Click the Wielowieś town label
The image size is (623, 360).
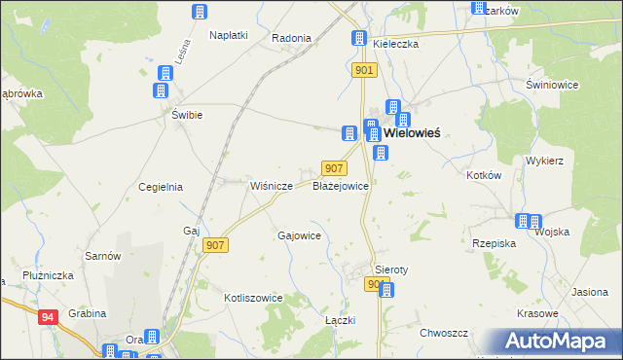click(412, 133)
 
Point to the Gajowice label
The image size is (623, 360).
click(300, 235)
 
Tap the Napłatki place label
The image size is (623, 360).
click(229, 35)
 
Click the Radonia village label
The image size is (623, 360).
click(292, 38)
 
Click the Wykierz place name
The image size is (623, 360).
click(545, 160)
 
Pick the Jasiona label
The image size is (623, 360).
click(590, 292)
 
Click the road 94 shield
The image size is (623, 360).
click(48, 317)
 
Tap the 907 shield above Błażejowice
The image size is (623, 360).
click(333, 168)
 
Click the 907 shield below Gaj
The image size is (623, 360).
click(216, 246)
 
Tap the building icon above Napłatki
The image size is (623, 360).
click(200, 12)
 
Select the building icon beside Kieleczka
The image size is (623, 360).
click(357, 40)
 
